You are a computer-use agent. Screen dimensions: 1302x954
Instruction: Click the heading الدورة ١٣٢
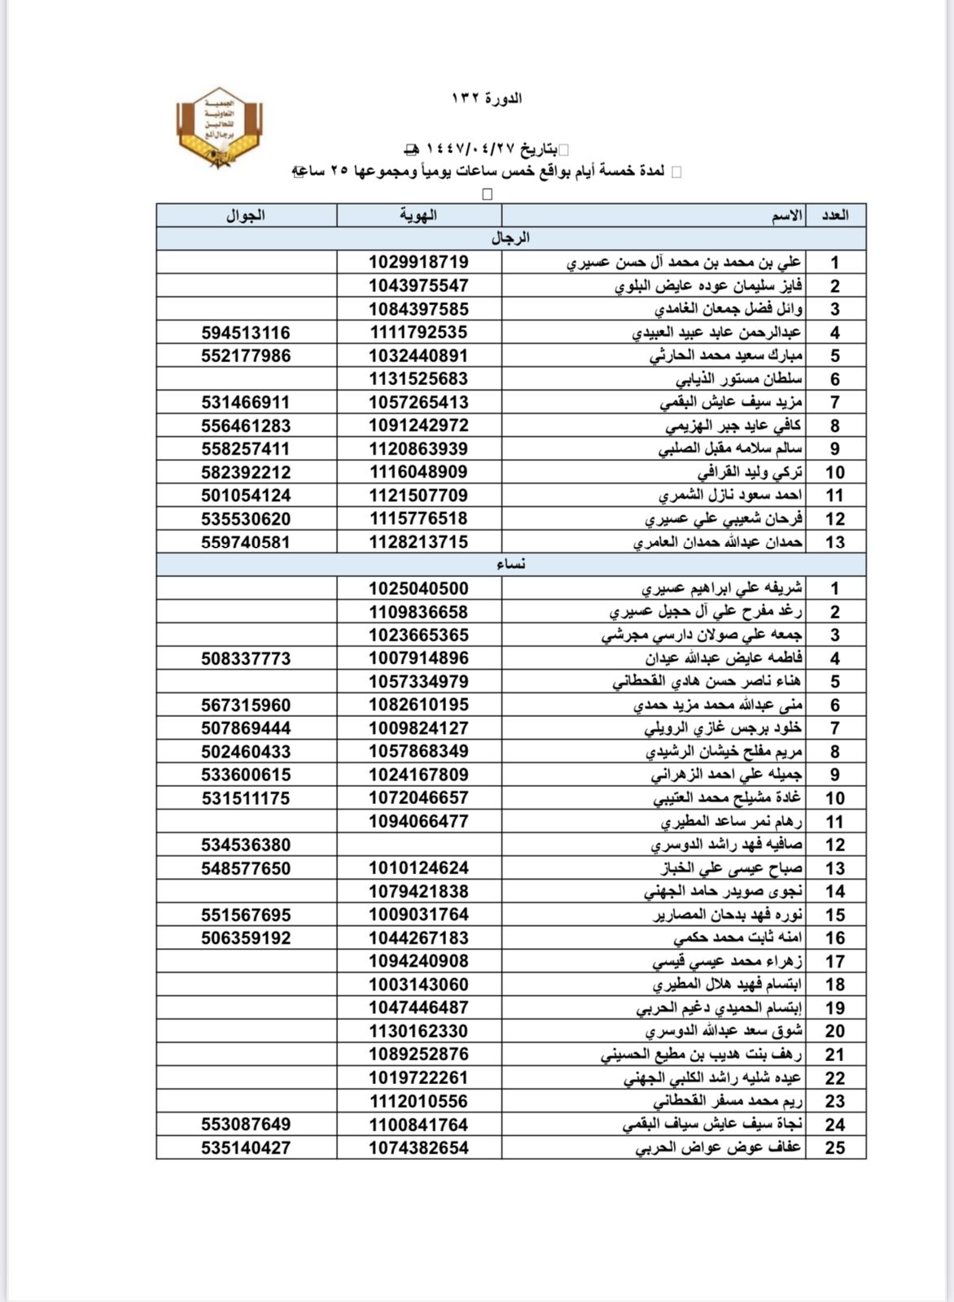pyautogui.click(x=487, y=98)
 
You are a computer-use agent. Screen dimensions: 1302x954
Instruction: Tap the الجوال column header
pyautogui.click(x=246, y=215)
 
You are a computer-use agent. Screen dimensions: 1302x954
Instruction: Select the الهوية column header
pyautogui.click(x=418, y=215)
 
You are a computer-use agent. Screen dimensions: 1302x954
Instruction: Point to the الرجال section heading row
pyautogui.click(x=510, y=238)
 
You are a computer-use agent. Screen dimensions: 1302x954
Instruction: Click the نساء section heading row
pyautogui.click(x=510, y=564)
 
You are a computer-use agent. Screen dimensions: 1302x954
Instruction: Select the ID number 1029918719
pyautogui.click(x=418, y=262)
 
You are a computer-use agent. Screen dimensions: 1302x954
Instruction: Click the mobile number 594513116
pyautogui.click(x=246, y=333)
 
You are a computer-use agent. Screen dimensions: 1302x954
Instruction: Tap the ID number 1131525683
pyautogui.click(x=418, y=379)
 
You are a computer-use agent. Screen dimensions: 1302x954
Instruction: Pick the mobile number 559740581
pyautogui.click(x=246, y=542)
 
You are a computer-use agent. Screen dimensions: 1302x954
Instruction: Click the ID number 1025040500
pyautogui.click(x=418, y=588)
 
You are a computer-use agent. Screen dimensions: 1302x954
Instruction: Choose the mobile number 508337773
pyautogui.click(x=246, y=658)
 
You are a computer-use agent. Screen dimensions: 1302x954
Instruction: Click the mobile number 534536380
pyautogui.click(x=246, y=845)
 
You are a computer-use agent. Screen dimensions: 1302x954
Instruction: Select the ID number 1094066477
pyautogui.click(x=418, y=821)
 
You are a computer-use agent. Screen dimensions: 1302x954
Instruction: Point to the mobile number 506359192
pyautogui.click(x=246, y=938)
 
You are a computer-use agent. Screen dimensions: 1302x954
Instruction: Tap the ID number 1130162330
pyautogui.click(x=418, y=1031)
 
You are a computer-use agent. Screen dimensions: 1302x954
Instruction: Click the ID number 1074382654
pyautogui.click(x=418, y=1147)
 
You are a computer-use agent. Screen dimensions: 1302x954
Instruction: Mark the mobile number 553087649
pyautogui.click(x=246, y=1125)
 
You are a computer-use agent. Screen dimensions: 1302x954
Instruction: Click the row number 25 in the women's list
pyautogui.click(x=835, y=1148)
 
